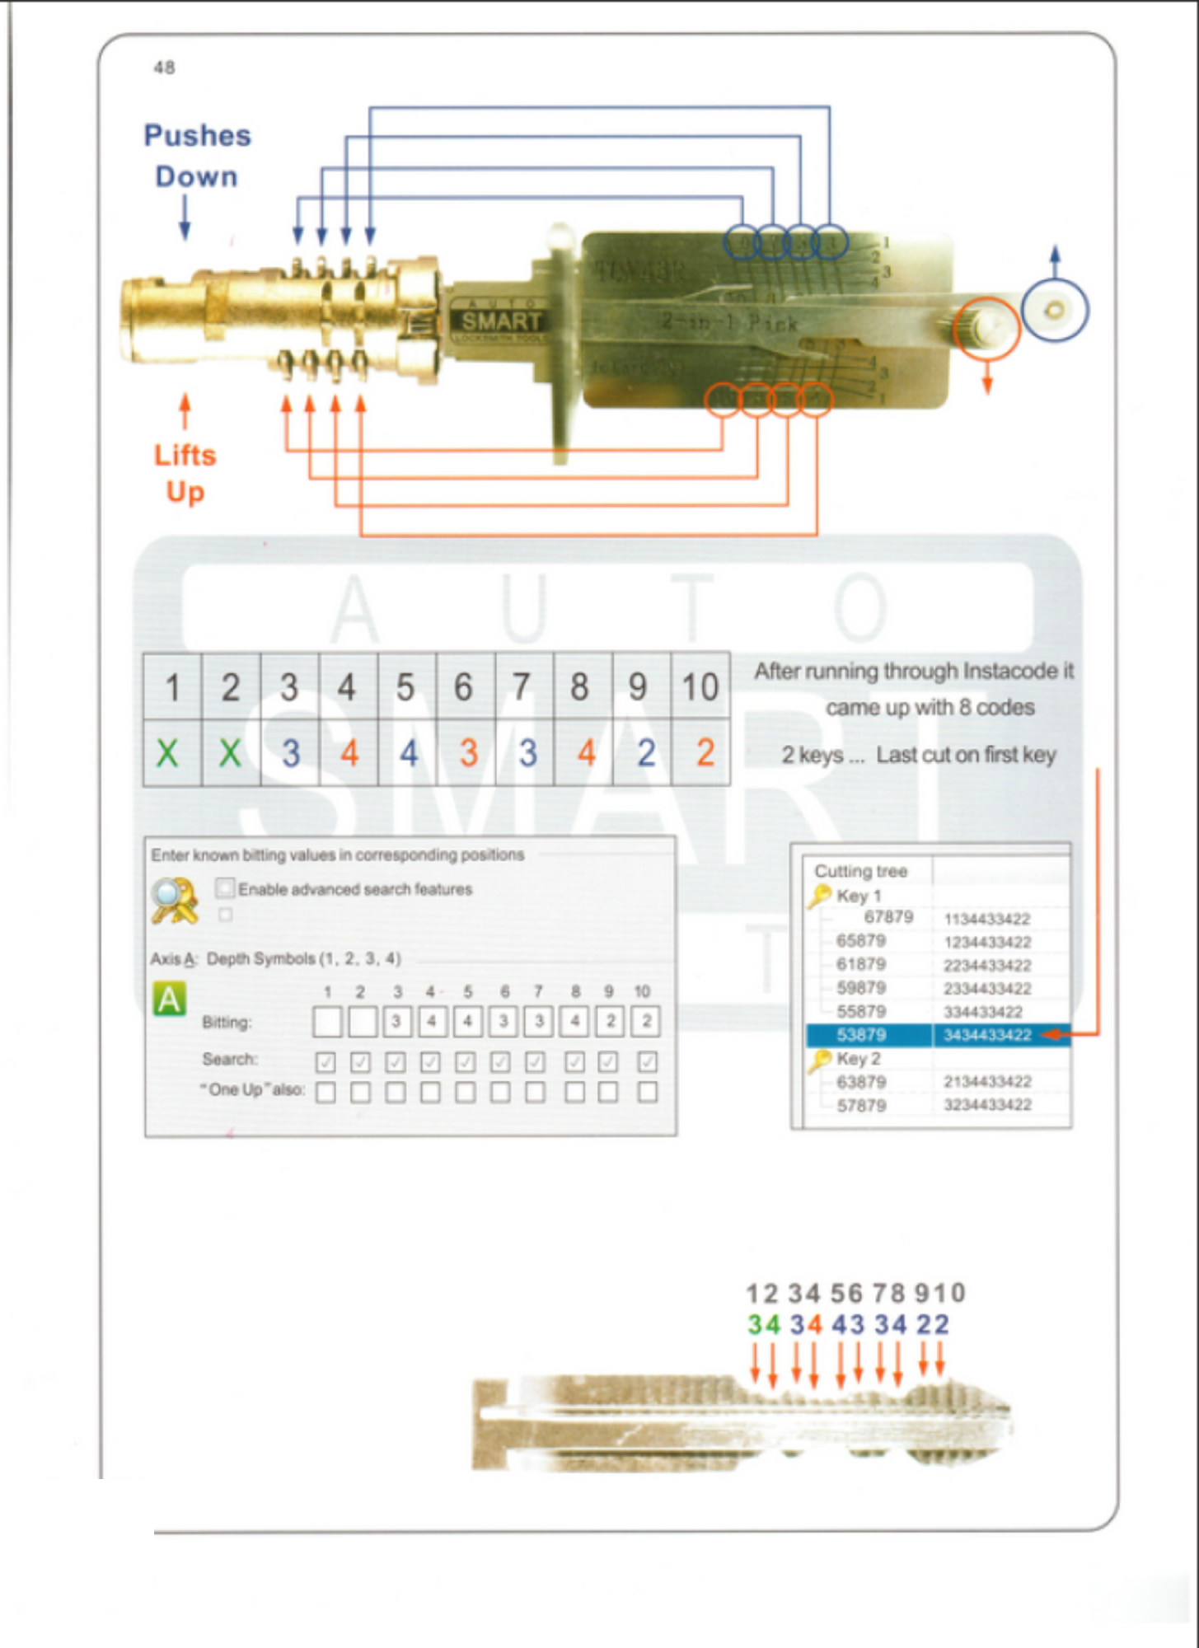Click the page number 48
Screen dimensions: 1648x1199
click(x=164, y=68)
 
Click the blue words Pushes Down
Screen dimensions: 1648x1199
click(x=197, y=156)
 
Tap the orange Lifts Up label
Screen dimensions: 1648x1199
click(x=185, y=473)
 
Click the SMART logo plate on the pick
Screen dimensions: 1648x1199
click(x=500, y=321)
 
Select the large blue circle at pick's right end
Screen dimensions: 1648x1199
click(x=1055, y=310)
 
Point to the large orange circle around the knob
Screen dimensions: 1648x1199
click(x=986, y=329)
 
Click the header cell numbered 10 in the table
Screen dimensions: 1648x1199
click(x=700, y=686)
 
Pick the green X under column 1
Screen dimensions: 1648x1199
click(x=168, y=753)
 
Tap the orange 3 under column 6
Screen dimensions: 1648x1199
click(x=468, y=753)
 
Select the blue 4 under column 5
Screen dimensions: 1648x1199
click(x=408, y=753)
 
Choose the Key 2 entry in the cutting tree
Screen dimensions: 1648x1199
click(x=858, y=1058)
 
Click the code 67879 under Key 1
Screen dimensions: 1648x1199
click(x=888, y=917)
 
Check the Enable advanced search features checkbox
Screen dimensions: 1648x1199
click(x=224, y=887)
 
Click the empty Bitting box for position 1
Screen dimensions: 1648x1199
click(x=327, y=1022)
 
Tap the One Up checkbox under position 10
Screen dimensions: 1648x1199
click(x=648, y=1092)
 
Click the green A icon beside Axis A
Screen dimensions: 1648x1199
click(x=170, y=999)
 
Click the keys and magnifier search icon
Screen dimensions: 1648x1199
click(x=175, y=900)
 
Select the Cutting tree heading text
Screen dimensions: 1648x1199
click(x=860, y=871)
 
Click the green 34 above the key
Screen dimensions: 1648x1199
click(x=764, y=1324)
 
